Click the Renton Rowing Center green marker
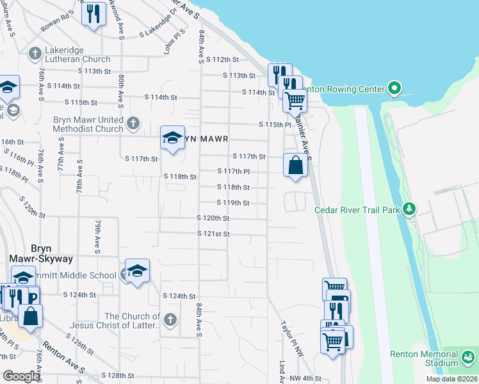click(395, 88)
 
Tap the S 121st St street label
click(213, 234)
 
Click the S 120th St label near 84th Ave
click(213, 219)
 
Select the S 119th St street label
click(232, 203)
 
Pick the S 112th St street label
click(222, 60)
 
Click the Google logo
click(21, 376)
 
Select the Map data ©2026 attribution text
click(451, 379)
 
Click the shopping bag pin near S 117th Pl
click(295, 164)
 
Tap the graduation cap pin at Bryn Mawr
click(172, 138)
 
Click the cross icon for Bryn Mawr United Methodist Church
click(133, 122)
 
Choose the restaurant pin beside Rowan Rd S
click(94, 13)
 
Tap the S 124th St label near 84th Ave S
click(179, 296)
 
